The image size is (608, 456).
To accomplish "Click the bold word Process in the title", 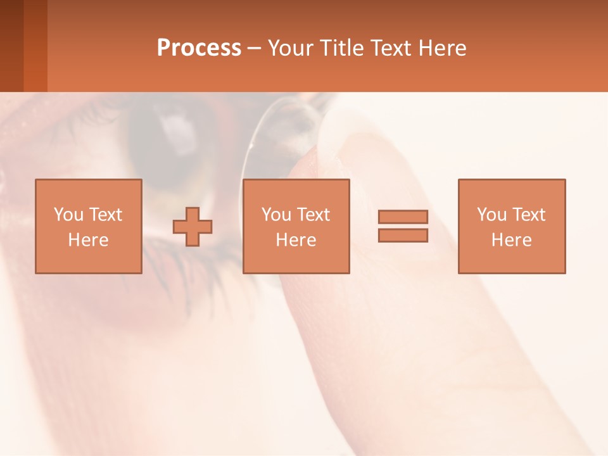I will (x=199, y=48).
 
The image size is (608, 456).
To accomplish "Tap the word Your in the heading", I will (x=291, y=48).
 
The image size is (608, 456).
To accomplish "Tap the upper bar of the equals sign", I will (x=403, y=217).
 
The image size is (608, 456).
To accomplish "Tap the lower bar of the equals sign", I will (x=403, y=235).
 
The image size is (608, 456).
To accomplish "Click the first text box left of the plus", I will (x=88, y=226).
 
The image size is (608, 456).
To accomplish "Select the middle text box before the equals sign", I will (x=296, y=226).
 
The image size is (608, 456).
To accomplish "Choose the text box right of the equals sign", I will (x=511, y=226).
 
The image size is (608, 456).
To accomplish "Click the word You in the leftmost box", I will (x=68, y=215).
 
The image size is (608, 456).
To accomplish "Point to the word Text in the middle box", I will (x=312, y=215).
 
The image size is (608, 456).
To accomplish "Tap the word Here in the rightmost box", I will (x=511, y=240).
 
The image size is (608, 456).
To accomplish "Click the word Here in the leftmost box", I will (x=88, y=240).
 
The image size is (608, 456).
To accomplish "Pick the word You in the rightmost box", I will (x=491, y=215).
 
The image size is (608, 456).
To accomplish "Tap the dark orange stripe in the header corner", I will (x=35, y=46).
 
